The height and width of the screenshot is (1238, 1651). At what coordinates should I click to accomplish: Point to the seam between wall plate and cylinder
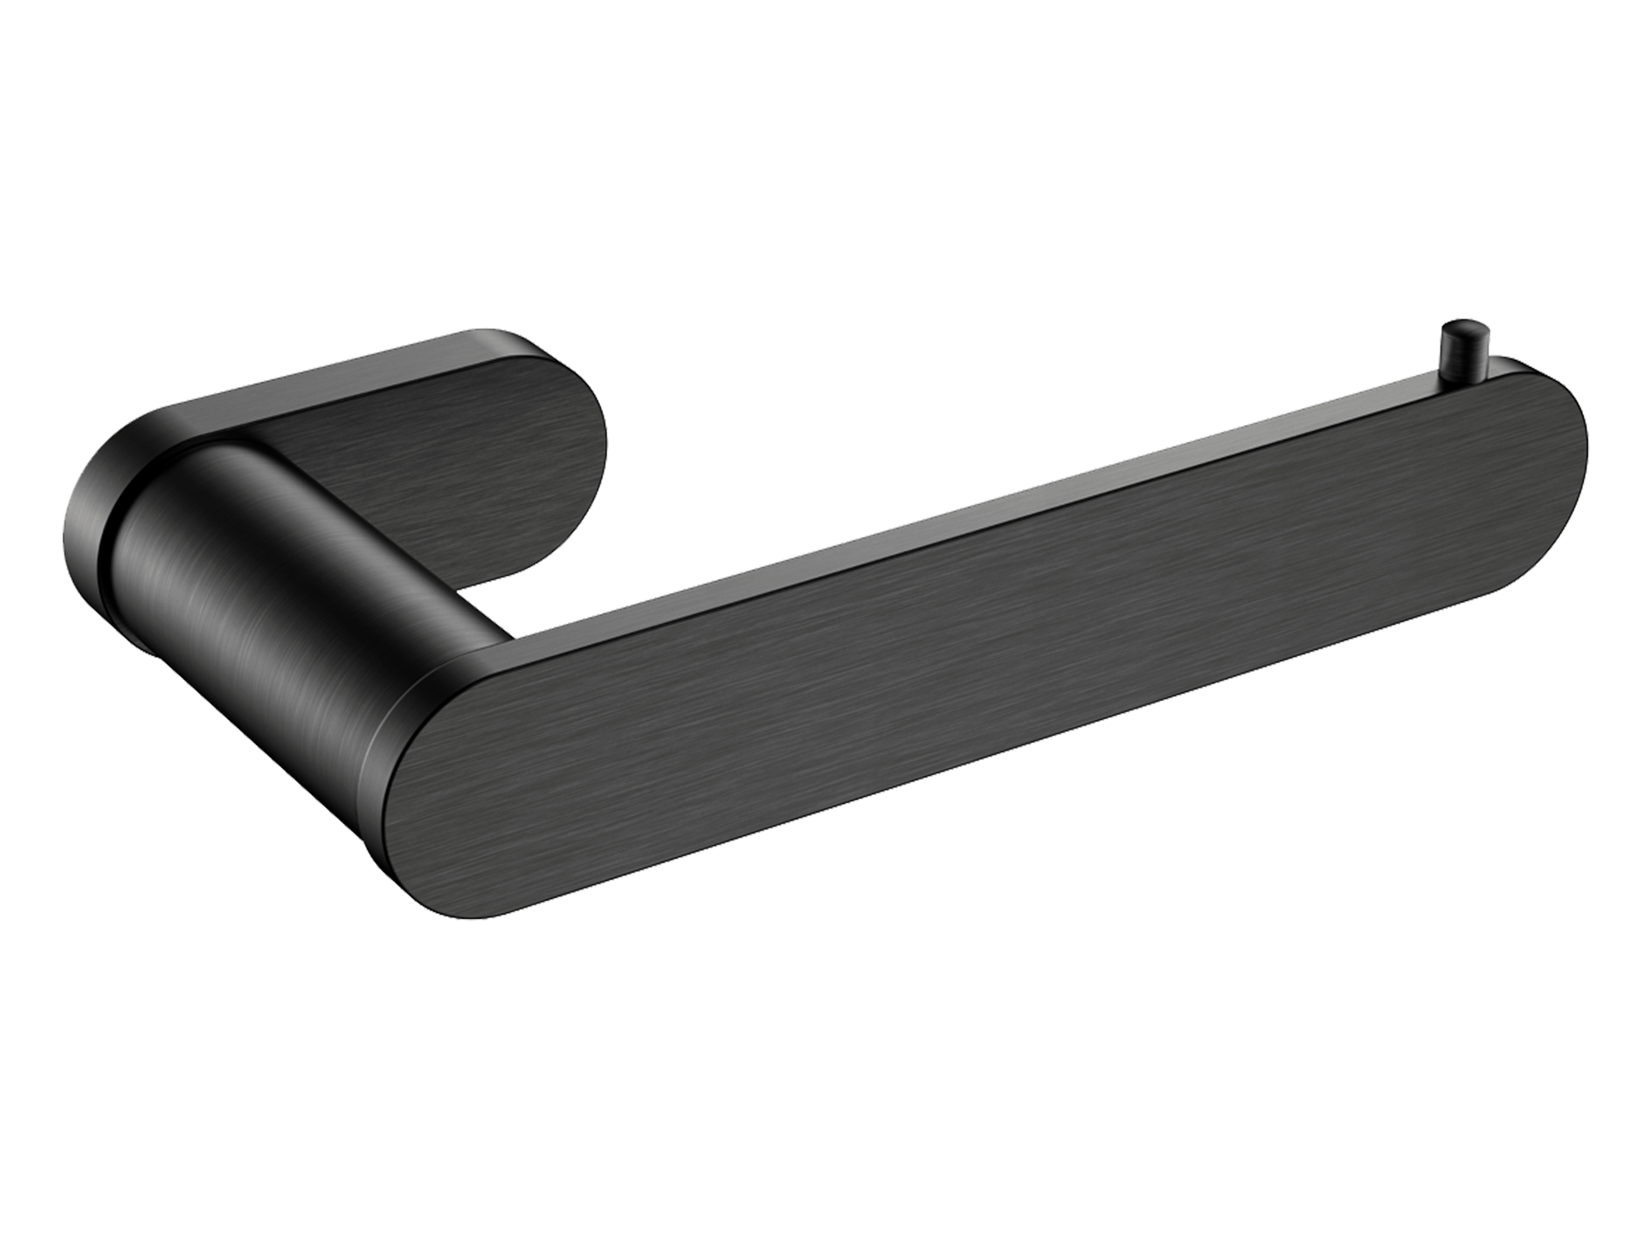tap(114, 559)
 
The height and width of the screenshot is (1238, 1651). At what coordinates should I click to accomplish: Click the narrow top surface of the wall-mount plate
tap(332, 367)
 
